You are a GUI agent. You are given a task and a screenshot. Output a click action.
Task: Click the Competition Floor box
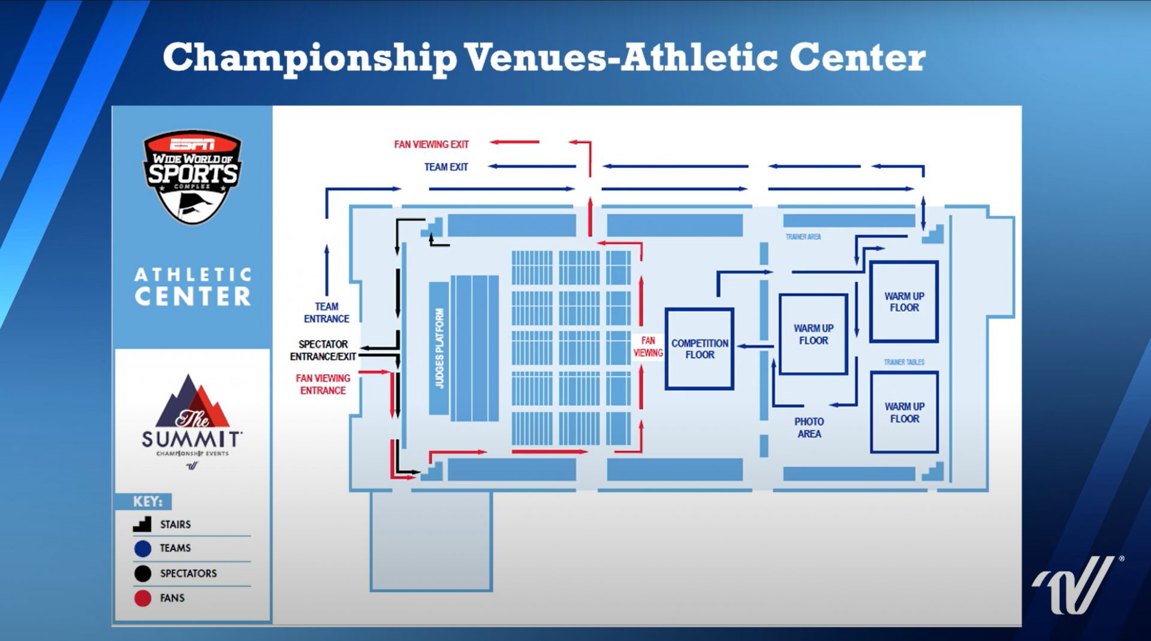[700, 349]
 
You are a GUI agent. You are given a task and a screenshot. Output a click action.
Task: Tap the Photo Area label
[809, 428]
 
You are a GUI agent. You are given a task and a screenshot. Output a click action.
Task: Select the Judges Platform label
[439, 348]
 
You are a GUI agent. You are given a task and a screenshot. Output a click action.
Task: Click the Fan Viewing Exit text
[431, 145]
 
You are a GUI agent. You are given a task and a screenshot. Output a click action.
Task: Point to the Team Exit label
[446, 167]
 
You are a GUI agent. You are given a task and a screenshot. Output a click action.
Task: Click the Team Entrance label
[326, 312]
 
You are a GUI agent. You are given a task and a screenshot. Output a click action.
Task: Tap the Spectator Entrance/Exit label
[323, 350]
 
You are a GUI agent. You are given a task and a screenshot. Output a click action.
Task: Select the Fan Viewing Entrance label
[323, 384]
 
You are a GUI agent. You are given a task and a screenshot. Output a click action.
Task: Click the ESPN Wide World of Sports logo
[192, 175]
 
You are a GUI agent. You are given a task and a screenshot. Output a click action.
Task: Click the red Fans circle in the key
[143, 598]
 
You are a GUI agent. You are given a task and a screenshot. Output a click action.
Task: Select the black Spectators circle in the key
[143, 573]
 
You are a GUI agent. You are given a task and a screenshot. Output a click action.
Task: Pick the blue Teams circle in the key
[143, 548]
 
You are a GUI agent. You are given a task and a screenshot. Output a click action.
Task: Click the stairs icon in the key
[142, 524]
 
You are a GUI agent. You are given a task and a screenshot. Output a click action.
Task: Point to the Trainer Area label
[803, 237]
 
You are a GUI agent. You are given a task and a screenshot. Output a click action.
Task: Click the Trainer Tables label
[904, 362]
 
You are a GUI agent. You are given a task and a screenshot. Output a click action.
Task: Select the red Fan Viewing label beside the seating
[648, 347]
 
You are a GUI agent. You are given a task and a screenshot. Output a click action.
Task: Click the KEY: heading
[147, 501]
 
